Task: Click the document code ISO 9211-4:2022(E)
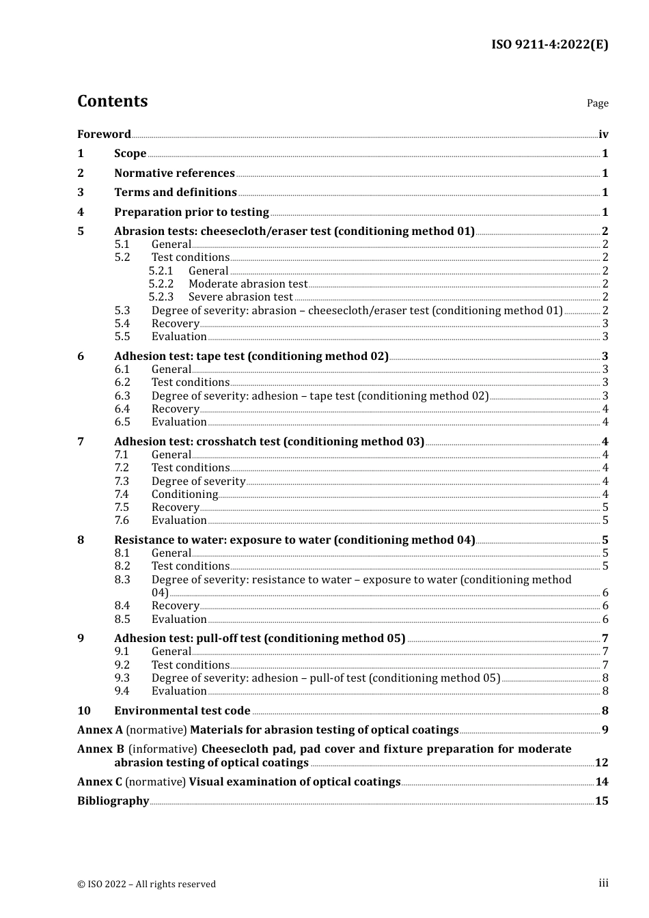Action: pos(549,45)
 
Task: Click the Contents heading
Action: pos(112,101)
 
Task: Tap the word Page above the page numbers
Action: pos(597,103)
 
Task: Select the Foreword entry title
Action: pos(104,135)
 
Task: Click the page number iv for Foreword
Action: pos(603,135)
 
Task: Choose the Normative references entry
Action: pos(174,173)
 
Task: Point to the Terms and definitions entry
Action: pos(175,193)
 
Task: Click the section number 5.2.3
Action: pos(161,297)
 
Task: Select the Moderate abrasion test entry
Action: pos(248,284)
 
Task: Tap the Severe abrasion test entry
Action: pos(240,297)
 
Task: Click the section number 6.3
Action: pos(122,396)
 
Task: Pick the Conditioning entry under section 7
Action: pos(184,495)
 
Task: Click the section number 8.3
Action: pos(122,580)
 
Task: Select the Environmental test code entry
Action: pos(182,711)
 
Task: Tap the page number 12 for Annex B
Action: pos(601,763)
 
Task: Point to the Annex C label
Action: pos(100,782)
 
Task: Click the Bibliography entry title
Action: pos(113,801)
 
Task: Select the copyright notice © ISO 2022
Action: pos(146,885)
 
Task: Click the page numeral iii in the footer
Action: pos(603,883)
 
